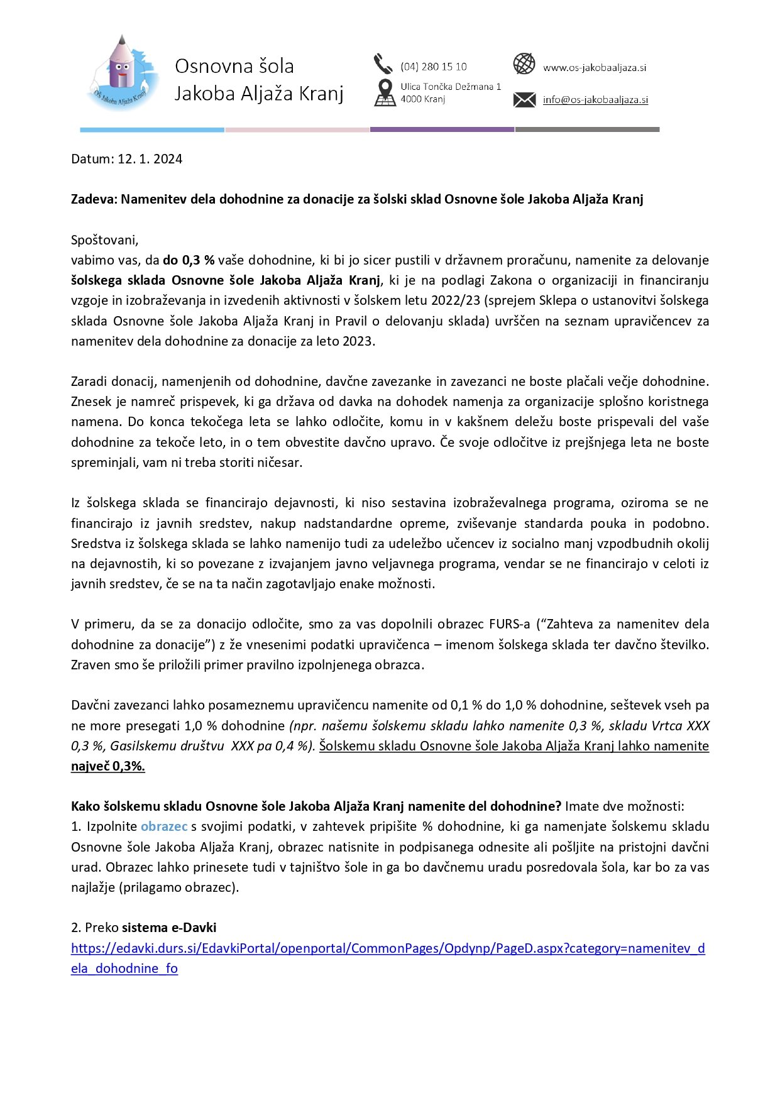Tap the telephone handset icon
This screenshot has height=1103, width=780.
382,63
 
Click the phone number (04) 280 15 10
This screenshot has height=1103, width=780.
434,67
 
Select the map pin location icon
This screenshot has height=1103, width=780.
385,92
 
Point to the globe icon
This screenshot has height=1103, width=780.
524,63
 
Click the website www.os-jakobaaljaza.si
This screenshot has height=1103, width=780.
595,68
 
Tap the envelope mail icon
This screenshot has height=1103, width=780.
524,99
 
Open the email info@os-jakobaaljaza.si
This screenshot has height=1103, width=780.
595,100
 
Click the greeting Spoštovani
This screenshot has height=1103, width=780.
104,240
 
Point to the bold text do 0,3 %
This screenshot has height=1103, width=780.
189,260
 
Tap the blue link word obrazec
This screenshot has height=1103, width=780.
164,826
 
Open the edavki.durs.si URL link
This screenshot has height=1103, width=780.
387,948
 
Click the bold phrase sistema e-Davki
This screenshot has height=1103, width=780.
169,928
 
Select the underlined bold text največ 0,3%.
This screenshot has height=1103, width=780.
107,766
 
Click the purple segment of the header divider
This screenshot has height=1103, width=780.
442,129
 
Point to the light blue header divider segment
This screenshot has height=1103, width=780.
151,129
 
